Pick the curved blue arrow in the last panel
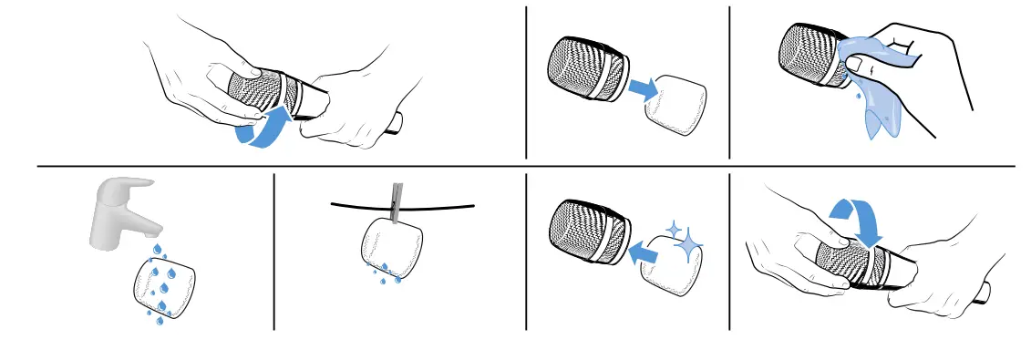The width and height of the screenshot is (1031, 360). [858, 218]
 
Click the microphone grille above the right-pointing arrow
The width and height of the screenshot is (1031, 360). [586, 68]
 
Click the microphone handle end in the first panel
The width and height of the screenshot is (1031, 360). [394, 124]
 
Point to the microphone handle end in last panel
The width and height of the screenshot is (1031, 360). [983, 292]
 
